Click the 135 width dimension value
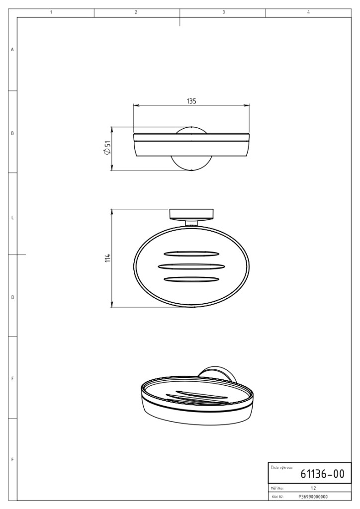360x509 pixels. (191, 101)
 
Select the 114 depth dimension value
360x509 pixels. (108, 258)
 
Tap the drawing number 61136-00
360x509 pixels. (322, 474)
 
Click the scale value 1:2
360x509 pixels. (313, 488)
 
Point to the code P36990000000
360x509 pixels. (313, 497)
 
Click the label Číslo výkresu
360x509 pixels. (281, 468)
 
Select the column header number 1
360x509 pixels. (51, 12)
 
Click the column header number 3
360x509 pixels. (224, 12)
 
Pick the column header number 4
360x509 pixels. (308, 12)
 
